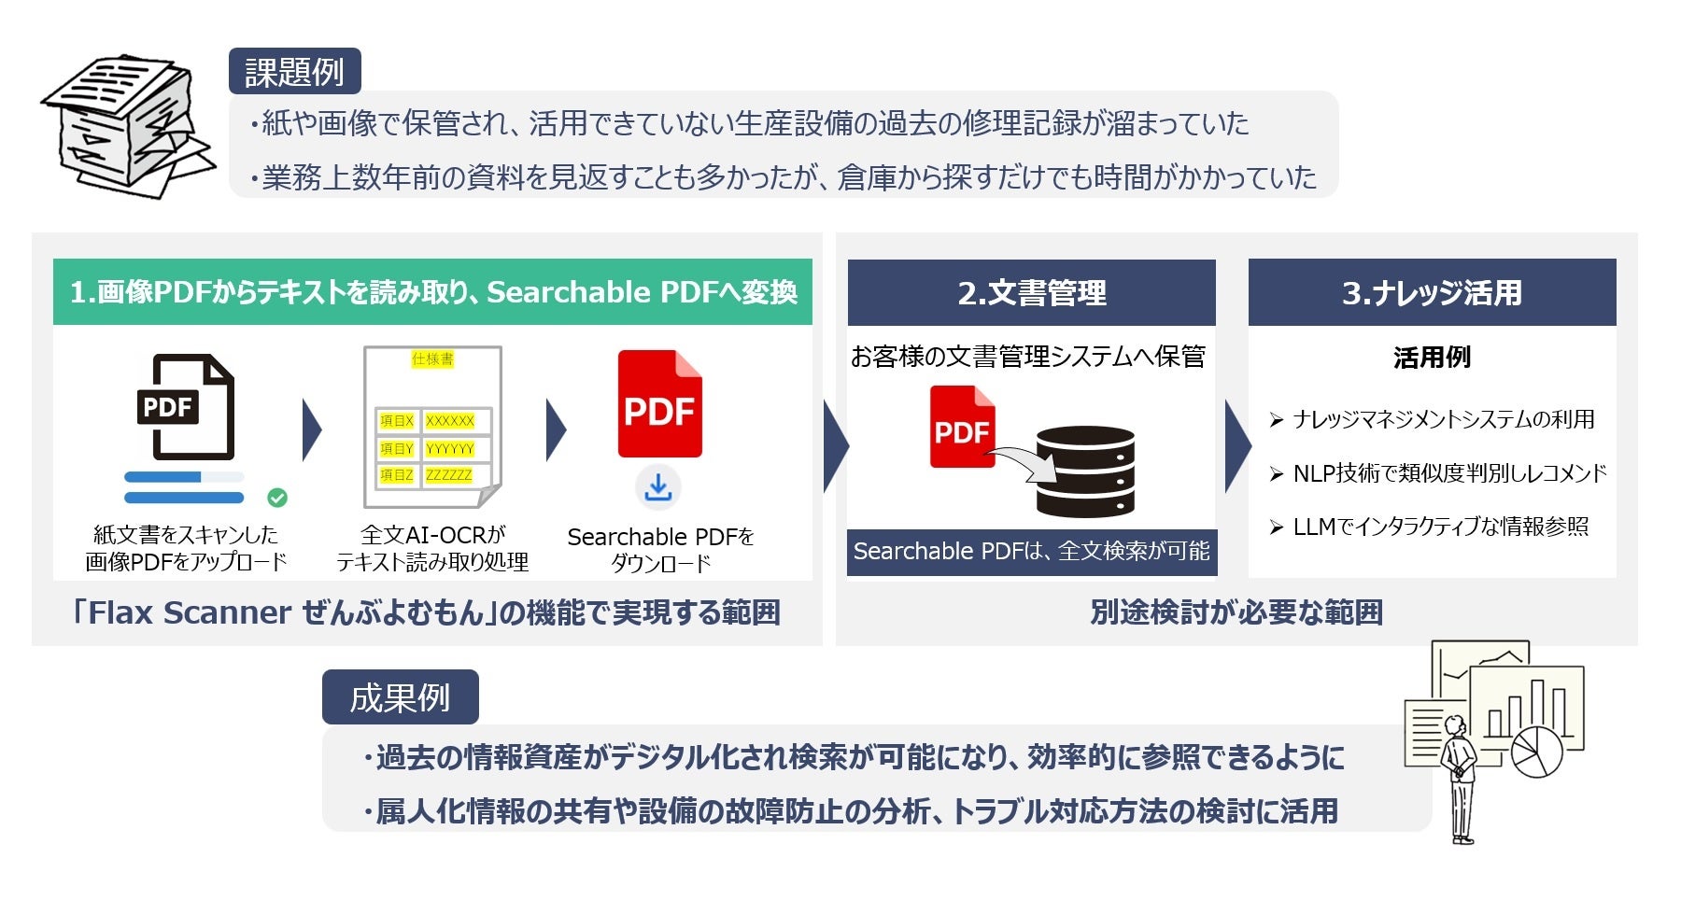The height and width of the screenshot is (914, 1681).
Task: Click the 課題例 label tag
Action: pos(294,72)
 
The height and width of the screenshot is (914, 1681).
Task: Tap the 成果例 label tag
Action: pos(400,697)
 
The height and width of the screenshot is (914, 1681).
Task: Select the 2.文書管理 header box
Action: pos(1031,292)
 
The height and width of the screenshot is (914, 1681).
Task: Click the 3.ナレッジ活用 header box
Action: pos(1432,292)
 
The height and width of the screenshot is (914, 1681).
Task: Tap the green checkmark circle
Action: pos(277,498)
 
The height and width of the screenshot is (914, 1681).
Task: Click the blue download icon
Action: pos(658,486)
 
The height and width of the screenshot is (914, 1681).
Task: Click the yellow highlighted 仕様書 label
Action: pos(432,359)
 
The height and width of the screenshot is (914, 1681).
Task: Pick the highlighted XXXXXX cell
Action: pos(450,421)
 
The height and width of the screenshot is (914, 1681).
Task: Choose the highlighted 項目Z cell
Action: pos(397,475)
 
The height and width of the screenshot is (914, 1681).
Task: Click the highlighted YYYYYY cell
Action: pos(450,449)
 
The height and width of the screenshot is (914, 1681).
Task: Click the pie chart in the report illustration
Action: pos(1536,752)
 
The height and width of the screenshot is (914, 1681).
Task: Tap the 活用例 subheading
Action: pos(1432,358)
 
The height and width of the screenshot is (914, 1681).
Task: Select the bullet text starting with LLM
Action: pos(1440,527)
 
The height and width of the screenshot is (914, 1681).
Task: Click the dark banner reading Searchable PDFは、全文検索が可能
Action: pos(1031,551)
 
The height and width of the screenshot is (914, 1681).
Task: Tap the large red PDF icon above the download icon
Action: pos(659,404)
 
